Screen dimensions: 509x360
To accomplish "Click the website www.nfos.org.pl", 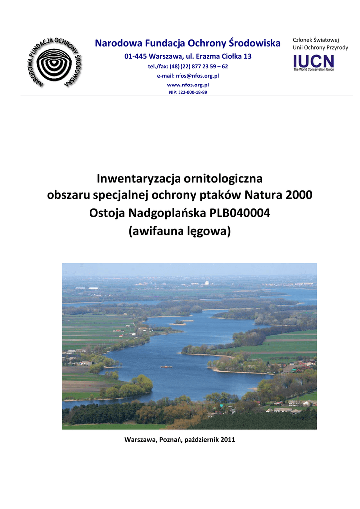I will point(188,85).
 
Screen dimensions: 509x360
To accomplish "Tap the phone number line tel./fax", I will point(188,66).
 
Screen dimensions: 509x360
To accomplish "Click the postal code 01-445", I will point(135,56).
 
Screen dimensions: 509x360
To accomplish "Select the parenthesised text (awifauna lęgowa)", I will point(180,231).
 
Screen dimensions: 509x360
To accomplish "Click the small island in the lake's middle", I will point(166,367).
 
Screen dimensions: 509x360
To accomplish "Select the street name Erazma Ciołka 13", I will point(222,56).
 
